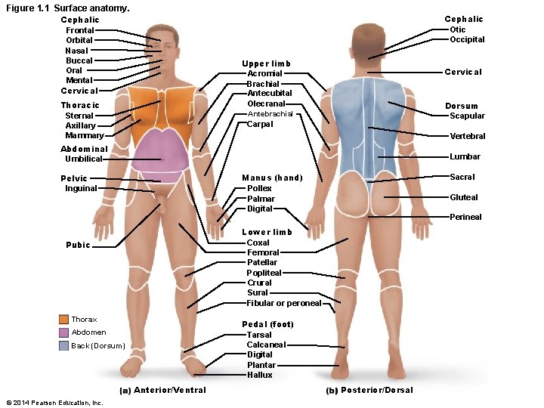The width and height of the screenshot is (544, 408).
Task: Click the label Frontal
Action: pyautogui.click(x=80, y=30)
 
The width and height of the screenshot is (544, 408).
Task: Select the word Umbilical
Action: pyautogui.click(x=83, y=159)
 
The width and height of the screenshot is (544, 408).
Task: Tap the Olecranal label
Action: pyautogui.click(x=266, y=104)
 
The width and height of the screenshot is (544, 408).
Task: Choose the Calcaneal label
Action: pyautogui.click(x=266, y=345)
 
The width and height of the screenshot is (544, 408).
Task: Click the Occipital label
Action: pyautogui.click(x=467, y=39)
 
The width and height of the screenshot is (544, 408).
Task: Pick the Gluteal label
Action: pyautogui.click(x=463, y=197)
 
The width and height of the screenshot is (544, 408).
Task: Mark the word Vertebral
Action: pyautogui.click(x=467, y=136)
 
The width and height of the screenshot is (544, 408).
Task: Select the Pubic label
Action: pyautogui.click(x=78, y=245)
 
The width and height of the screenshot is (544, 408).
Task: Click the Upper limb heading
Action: pyautogui.click(x=266, y=63)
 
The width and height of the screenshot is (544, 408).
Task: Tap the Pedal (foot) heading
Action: pyautogui.click(x=267, y=324)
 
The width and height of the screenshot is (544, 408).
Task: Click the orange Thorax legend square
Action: pyautogui.click(x=63, y=320)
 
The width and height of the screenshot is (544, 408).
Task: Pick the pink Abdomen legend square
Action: pyautogui.click(x=63, y=332)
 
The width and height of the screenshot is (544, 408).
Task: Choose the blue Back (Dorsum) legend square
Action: pyautogui.click(x=63, y=345)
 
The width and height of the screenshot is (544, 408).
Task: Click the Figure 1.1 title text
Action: pyautogui.click(x=67, y=8)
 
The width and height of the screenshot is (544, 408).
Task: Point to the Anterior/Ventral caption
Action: pyautogui.click(x=169, y=390)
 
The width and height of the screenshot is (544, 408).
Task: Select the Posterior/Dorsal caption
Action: pyautogui.click(x=376, y=390)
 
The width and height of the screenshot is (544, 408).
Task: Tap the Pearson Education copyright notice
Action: pyautogui.click(x=54, y=403)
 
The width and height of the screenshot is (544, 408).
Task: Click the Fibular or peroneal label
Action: pyautogui.click(x=284, y=303)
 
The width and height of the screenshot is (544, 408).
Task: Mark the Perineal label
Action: pyautogui.click(x=465, y=217)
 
